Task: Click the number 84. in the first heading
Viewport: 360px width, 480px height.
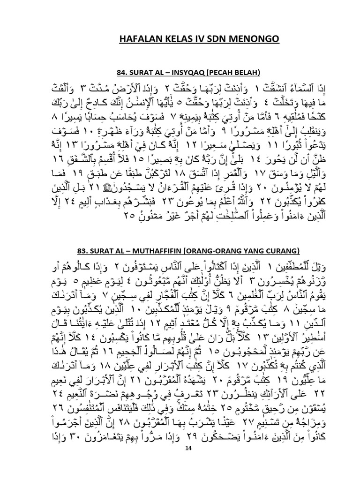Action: [x=121, y=72]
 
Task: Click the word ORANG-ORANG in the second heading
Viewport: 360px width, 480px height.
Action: [x=223, y=248]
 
